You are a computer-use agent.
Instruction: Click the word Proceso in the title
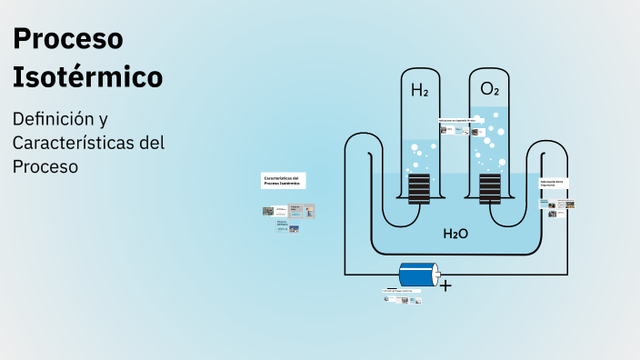[68, 39]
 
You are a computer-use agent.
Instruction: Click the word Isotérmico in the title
[88, 77]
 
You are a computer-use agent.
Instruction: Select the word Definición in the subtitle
[53, 119]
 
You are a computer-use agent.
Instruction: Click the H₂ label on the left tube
[419, 90]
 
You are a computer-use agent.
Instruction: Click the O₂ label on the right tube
[489, 89]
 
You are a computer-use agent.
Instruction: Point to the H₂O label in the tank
[455, 234]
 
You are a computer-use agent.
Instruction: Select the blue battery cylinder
[418, 275]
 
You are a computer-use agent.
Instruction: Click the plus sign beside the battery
[445, 285]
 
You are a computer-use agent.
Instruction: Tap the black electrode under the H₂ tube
[418, 189]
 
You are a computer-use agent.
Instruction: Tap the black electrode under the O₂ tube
[490, 189]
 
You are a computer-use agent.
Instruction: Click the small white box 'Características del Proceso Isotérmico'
[284, 180]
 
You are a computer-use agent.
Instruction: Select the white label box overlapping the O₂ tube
[457, 120]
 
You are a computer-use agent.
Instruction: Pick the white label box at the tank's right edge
[555, 184]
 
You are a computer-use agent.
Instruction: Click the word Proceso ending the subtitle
[45, 167]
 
